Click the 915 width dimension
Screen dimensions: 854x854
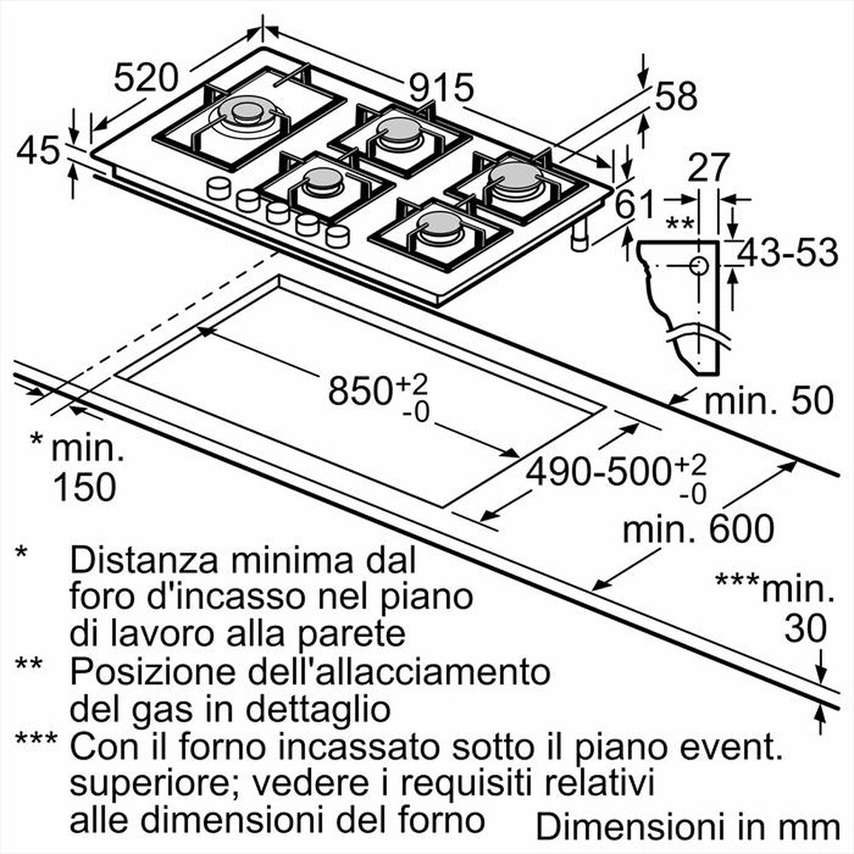[440, 87]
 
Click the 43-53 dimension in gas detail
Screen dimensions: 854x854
[787, 254]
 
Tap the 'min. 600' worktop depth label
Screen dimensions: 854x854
[698, 529]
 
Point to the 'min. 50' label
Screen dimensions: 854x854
[767, 401]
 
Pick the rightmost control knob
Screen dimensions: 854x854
[337, 235]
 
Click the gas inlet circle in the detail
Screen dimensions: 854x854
[699, 265]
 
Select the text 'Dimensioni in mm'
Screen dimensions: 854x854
[687, 827]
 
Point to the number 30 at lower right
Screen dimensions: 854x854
[805, 629]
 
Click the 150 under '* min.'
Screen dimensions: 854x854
[84, 486]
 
